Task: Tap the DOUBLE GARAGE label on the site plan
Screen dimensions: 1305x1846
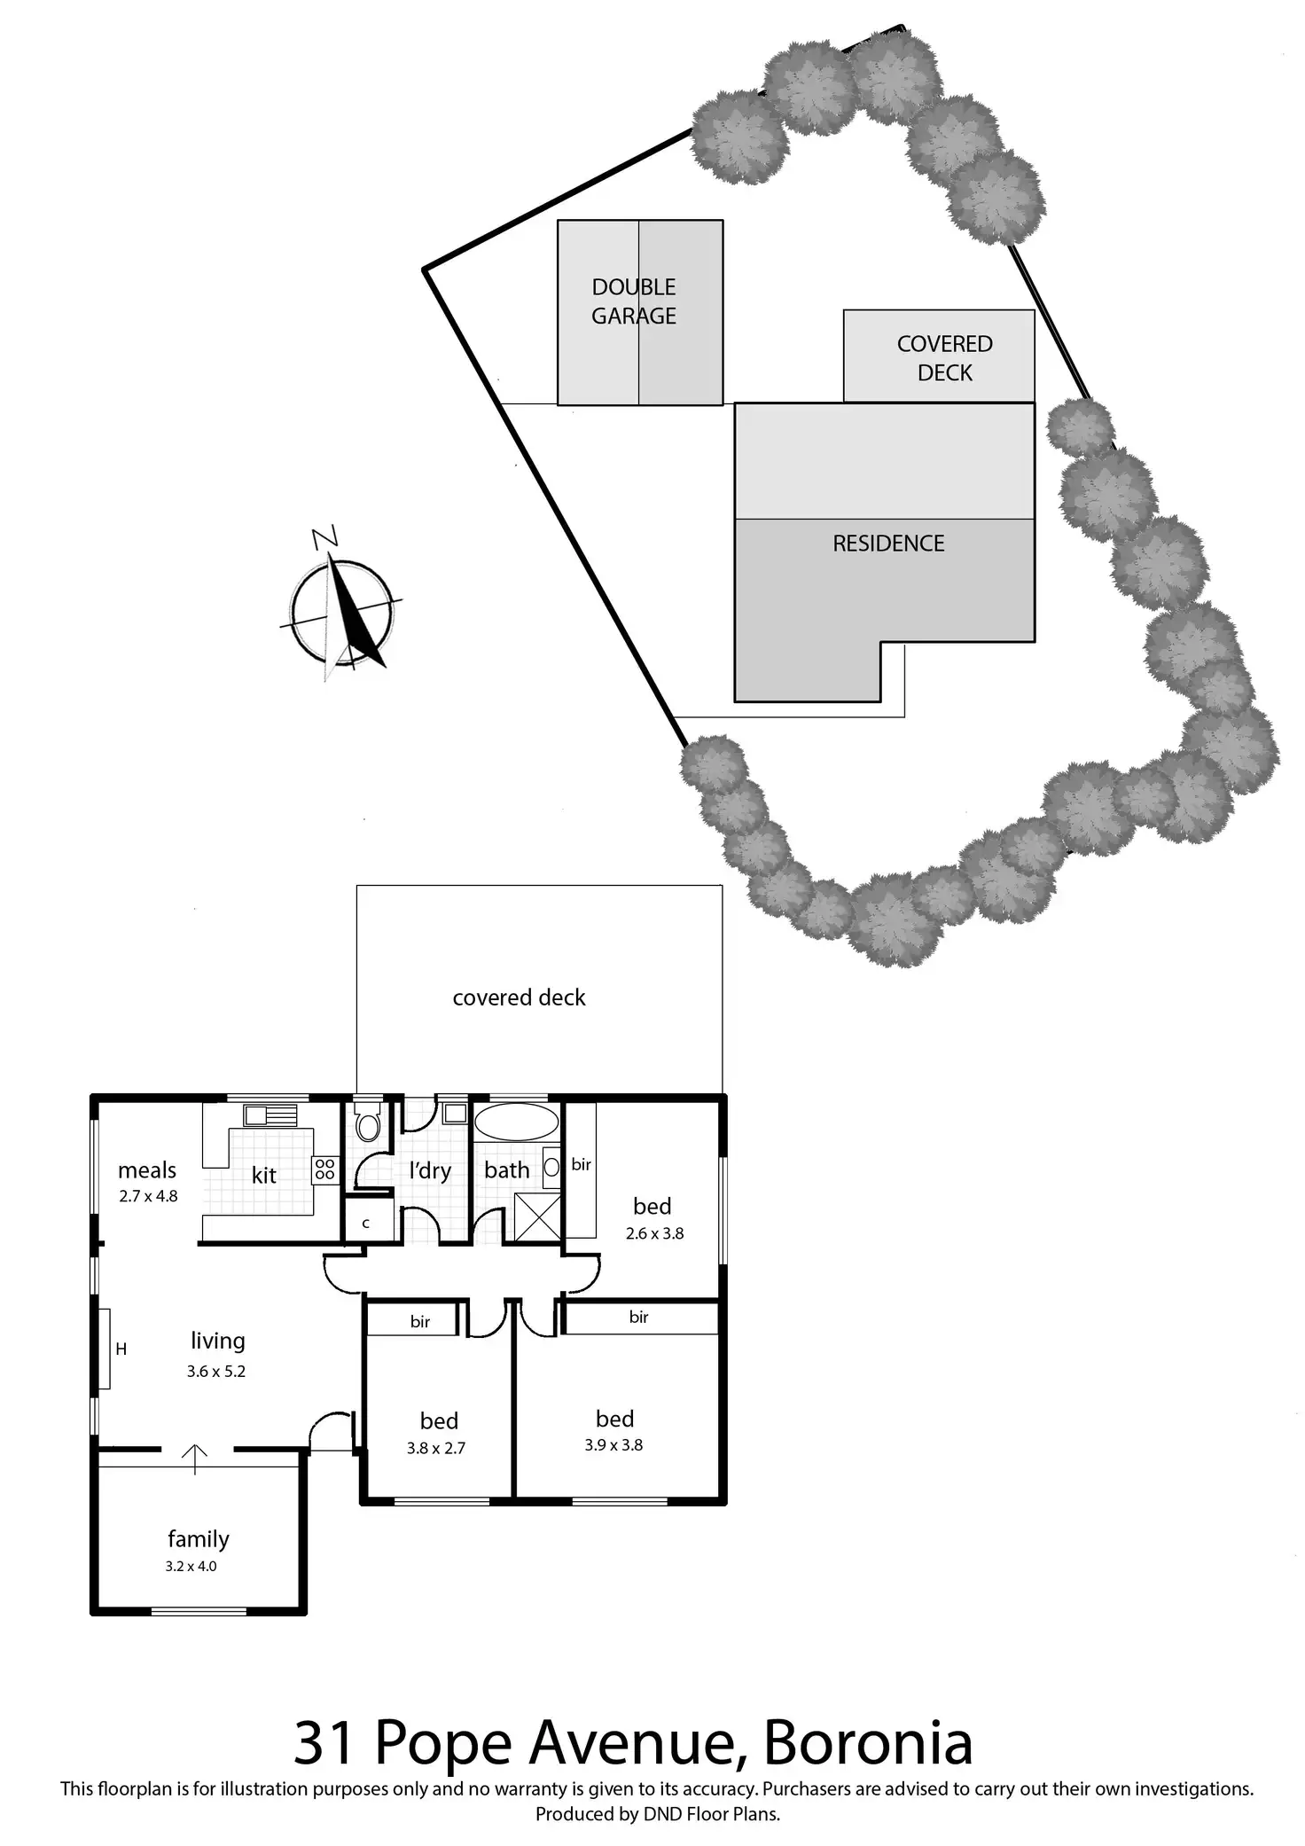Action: (x=634, y=301)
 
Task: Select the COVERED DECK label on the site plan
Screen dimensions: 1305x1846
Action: (x=944, y=358)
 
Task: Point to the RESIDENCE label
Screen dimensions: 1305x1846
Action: (x=888, y=544)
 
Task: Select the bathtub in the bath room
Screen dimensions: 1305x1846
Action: (x=516, y=1122)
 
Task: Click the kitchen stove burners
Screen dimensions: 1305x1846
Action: (x=324, y=1169)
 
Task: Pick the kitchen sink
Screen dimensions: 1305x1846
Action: (x=270, y=1115)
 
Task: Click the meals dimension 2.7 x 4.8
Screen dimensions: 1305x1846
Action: (x=148, y=1196)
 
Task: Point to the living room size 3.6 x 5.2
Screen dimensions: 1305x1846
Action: (x=216, y=1372)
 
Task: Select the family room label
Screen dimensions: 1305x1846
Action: (x=199, y=1539)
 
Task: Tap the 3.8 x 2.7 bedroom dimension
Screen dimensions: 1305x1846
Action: (x=436, y=1449)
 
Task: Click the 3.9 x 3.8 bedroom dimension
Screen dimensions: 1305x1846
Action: (x=613, y=1445)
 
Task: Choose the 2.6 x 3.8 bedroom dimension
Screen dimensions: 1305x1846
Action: (x=654, y=1233)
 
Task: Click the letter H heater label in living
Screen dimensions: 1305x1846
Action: (x=121, y=1349)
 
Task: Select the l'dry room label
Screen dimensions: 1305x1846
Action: (x=430, y=1171)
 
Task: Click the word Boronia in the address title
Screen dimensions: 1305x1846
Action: (x=868, y=1743)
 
